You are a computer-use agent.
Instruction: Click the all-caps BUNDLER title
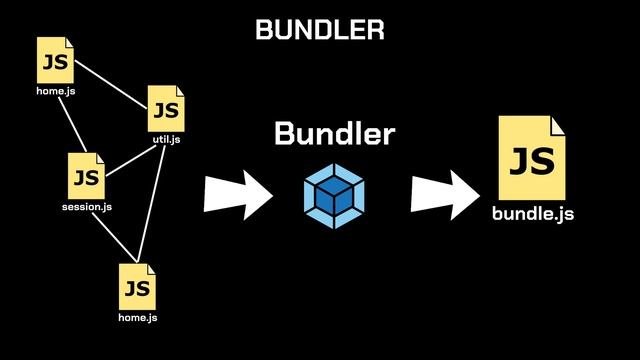click(x=320, y=30)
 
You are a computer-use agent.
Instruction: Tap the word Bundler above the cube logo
click(x=334, y=133)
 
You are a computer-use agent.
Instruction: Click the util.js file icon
click(x=166, y=108)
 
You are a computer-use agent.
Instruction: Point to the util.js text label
click(x=166, y=139)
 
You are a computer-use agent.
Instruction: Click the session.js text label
click(x=86, y=207)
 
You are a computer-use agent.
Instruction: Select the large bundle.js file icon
click(x=532, y=158)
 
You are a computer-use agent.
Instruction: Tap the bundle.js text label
click(x=532, y=214)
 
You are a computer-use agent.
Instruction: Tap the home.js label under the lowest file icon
click(x=138, y=318)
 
